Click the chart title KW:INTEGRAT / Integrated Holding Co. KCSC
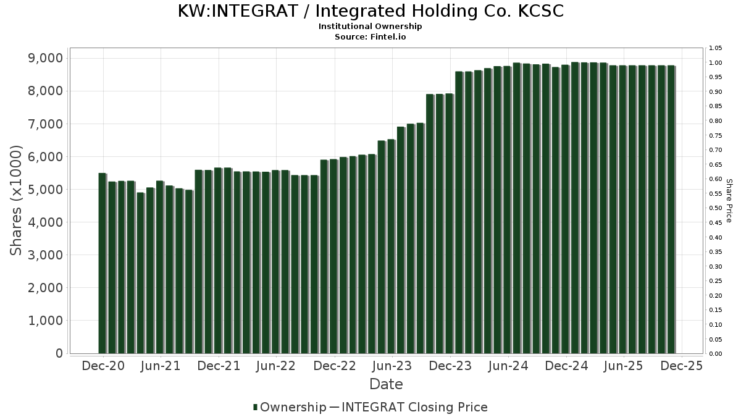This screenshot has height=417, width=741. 371,11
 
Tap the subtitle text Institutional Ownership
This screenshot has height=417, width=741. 371,27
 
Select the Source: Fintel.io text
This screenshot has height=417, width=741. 371,36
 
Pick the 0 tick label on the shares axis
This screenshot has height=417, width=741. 59,353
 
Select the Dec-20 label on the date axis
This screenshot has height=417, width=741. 103,366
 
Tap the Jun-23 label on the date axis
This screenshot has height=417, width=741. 391,366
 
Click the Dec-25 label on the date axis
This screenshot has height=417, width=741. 681,366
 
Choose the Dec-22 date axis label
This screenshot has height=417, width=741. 334,366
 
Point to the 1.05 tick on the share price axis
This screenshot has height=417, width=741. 716,48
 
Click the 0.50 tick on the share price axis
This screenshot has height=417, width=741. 716,208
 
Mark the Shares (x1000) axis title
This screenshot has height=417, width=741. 17,200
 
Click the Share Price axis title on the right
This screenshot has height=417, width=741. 729,200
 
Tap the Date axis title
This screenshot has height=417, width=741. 386,384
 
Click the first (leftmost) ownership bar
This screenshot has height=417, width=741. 103,263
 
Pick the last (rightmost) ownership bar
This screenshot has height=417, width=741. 671,209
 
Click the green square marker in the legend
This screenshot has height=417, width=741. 255,407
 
